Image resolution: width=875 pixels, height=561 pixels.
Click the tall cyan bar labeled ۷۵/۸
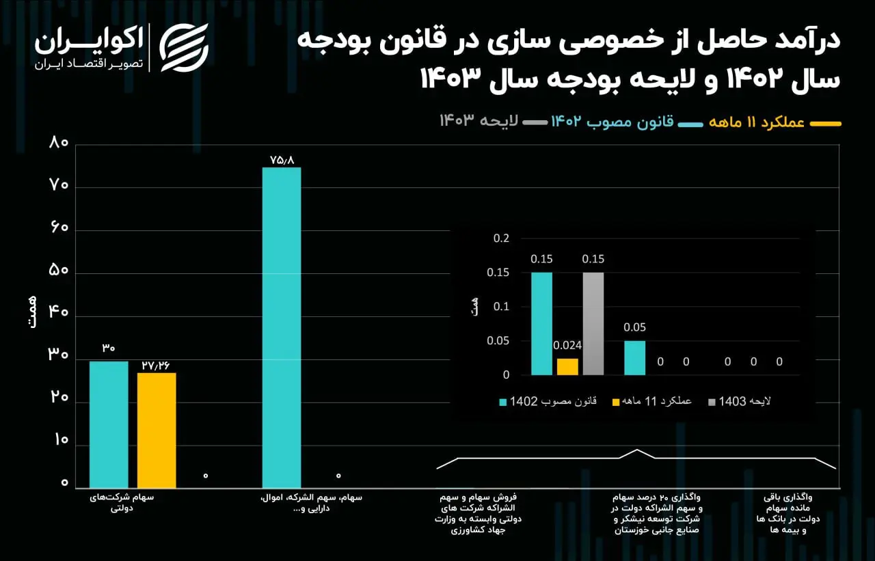(x=282, y=327)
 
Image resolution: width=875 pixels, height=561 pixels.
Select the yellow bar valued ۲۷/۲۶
(x=157, y=430)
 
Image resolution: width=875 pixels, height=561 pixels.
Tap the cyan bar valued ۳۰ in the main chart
(x=109, y=425)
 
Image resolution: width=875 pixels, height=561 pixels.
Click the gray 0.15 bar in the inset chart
(x=593, y=324)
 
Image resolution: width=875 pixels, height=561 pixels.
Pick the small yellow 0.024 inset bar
(x=567, y=367)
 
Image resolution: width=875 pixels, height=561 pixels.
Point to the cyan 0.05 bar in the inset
(x=635, y=358)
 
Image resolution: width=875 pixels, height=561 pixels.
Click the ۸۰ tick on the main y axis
(x=59, y=143)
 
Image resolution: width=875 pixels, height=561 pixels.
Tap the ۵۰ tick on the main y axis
(x=59, y=270)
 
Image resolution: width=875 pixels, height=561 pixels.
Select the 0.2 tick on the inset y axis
(x=501, y=238)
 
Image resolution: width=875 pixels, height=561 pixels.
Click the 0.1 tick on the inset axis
(x=501, y=307)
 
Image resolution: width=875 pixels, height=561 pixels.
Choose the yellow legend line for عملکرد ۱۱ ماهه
(x=825, y=124)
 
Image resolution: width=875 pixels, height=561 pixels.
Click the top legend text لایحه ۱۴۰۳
(x=479, y=121)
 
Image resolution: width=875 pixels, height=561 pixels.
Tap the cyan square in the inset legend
(x=503, y=402)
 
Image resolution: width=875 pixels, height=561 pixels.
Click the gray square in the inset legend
(x=712, y=402)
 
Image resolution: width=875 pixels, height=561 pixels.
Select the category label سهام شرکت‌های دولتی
(x=122, y=503)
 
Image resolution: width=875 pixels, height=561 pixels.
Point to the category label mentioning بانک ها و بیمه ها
(x=787, y=514)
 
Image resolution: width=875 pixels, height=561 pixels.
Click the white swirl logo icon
(x=184, y=48)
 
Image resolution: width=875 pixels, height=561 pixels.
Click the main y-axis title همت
(x=32, y=312)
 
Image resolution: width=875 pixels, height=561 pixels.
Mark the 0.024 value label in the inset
(x=567, y=346)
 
